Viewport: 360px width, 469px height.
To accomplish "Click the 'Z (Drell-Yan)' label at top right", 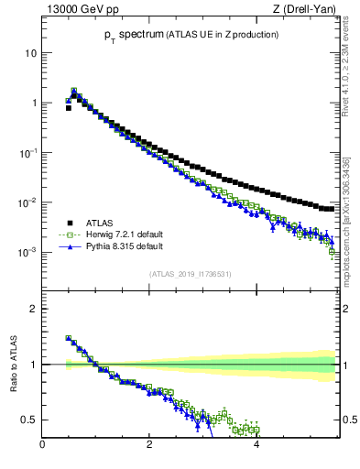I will (x=308, y=9).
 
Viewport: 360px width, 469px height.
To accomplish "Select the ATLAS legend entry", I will (x=95, y=223).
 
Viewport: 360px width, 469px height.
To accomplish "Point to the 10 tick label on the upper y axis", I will (x=31, y=53).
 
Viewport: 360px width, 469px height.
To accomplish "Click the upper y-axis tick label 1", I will (x=34, y=103).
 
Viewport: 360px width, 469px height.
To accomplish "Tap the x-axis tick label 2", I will (x=149, y=445).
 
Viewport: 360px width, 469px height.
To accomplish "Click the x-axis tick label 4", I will (x=256, y=445).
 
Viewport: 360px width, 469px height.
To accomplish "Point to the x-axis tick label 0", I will (x=42, y=445).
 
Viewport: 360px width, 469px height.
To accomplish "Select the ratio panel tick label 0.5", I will (x=30, y=420).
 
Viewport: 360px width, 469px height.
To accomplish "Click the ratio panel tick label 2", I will (x=35, y=309).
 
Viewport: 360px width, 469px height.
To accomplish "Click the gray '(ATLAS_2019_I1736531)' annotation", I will (x=190, y=273).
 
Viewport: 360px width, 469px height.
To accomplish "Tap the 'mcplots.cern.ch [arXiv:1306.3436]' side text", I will (x=349, y=215).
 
